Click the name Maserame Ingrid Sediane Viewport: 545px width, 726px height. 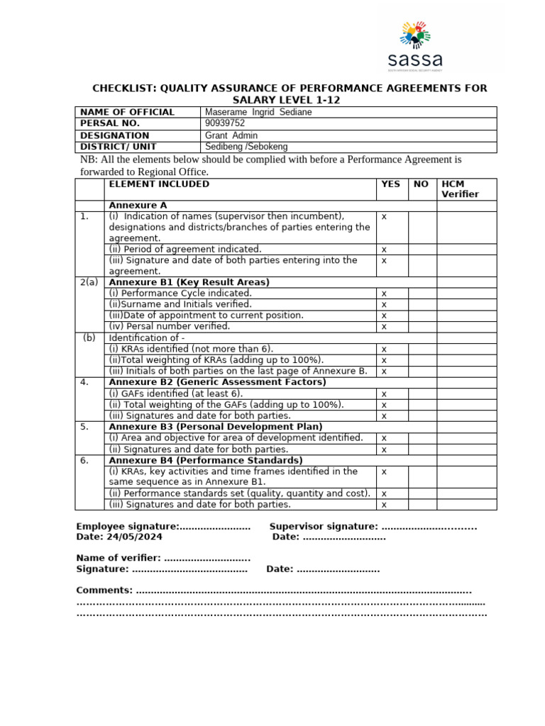[x=258, y=112]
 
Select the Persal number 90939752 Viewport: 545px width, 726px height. [x=225, y=123]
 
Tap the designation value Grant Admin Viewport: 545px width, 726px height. [x=231, y=135]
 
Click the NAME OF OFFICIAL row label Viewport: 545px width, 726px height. [x=127, y=112]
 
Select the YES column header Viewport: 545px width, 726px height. [x=390, y=184]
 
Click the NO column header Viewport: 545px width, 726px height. [x=421, y=184]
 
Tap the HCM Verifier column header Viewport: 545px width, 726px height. [x=460, y=189]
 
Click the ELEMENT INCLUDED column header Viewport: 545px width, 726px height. [x=159, y=184]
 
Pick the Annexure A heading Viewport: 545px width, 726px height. [x=138, y=206]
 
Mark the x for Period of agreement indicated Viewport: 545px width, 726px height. [x=384, y=250]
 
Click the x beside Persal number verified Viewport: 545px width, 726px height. [x=384, y=327]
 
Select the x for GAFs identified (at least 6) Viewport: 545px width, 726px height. [x=384, y=393]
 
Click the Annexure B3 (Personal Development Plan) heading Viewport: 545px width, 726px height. [x=215, y=427]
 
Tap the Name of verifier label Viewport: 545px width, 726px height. [x=119, y=558]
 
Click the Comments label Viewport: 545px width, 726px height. [x=104, y=591]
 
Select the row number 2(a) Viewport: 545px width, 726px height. [x=89, y=282]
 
